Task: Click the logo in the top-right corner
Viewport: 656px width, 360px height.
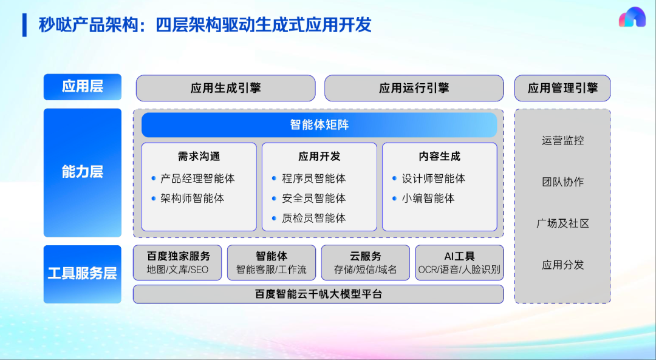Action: tap(632, 17)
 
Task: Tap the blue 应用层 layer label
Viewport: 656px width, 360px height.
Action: tap(83, 87)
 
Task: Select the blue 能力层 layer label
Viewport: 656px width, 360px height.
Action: tap(83, 172)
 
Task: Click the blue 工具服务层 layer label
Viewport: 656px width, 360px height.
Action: tap(83, 274)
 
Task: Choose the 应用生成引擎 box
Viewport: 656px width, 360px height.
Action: tap(225, 88)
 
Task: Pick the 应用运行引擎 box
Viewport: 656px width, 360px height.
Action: tap(414, 88)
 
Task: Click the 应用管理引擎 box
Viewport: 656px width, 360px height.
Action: tap(562, 88)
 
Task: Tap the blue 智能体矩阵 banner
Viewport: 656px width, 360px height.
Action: tap(319, 125)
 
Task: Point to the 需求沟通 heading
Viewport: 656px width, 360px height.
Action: tap(199, 157)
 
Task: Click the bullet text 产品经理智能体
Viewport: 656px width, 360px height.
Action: tap(197, 178)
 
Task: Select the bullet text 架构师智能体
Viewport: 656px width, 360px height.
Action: tap(192, 198)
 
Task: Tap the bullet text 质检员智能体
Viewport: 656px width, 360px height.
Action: tap(314, 218)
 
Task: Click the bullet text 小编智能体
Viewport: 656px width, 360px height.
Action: tap(428, 198)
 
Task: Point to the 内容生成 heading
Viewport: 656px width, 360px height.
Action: tap(439, 157)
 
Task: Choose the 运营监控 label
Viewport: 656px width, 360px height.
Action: tap(562, 140)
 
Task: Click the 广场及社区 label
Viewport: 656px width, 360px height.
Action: tap(562, 223)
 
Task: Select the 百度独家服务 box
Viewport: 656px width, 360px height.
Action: tap(177, 263)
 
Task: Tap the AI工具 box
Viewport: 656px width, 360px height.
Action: tap(459, 263)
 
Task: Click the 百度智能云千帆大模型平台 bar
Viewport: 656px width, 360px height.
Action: tap(318, 294)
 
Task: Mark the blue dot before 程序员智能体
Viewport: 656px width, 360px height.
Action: tap(274, 178)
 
